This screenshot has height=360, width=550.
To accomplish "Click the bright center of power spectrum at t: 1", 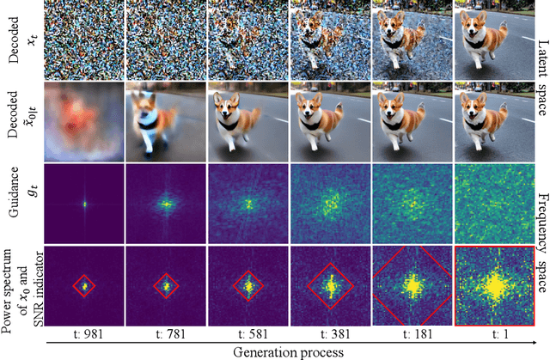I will tap(494, 283).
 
